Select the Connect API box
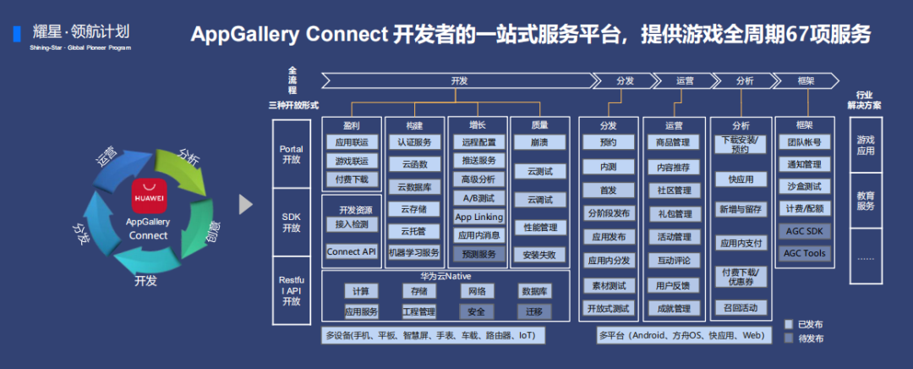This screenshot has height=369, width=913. tap(351, 251)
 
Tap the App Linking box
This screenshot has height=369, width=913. tap(478, 217)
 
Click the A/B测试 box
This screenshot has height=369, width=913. tap(478, 198)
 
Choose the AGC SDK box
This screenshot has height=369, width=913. tap(804, 231)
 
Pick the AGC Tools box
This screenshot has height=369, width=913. tap(804, 253)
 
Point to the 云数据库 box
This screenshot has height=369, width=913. tap(414, 186)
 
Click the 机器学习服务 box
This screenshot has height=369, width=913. tap(414, 252)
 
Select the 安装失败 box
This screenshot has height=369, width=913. tap(540, 254)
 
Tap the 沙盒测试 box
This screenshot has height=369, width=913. tap(804, 186)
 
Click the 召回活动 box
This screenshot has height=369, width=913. tap(740, 307)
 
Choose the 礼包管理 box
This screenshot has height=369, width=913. tap(674, 213)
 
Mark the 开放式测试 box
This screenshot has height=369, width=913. tap(608, 308)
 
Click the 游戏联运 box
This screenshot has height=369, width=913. tap(351, 161)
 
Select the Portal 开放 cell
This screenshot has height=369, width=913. tap(291, 154)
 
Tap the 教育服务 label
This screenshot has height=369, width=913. tap(866, 200)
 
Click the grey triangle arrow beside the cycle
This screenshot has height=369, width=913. tap(246, 204)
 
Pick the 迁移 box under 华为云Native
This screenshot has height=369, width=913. tap(533, 311)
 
